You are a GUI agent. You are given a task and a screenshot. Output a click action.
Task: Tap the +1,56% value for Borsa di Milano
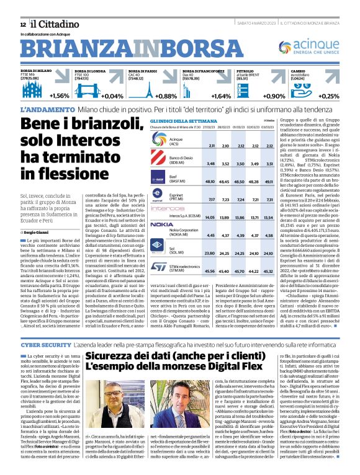[x=60, y=96]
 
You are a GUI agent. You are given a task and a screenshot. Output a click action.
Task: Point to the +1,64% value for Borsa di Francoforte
[x=220, y=96]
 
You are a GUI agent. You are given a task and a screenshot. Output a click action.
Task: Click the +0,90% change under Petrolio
[x=274, y=96]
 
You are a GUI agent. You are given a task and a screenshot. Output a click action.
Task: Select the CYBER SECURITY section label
[x=45, y=344]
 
